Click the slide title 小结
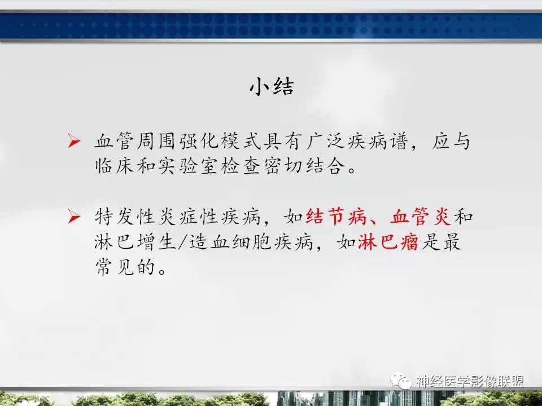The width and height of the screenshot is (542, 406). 272,88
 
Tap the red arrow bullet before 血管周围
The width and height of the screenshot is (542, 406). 74,142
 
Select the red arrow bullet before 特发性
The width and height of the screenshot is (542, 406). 74,216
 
